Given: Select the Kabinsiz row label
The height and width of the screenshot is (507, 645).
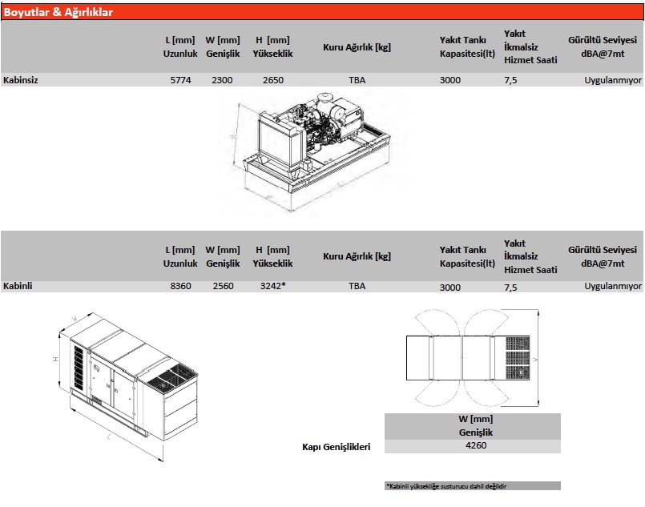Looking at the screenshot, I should (x=21, y=80).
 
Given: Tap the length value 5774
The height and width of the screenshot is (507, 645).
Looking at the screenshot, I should (x=180, y=80).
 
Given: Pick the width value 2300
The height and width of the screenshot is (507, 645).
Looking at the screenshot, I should (x=222, y=80).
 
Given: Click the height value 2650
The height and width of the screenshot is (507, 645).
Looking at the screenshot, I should (x=273, y=80).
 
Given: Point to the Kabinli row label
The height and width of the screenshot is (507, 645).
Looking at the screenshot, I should (x=18, y=286).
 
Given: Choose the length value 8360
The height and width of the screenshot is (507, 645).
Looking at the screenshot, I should (x=180, y=286).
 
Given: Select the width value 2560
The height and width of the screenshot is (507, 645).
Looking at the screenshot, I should (x=222, y=286).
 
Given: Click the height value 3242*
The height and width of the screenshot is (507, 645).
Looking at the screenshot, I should (x=273, y=286).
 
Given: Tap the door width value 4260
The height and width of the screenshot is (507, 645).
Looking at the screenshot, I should (x=476, y=446).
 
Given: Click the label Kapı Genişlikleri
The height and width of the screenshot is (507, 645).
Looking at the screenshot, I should (x=336, y=448).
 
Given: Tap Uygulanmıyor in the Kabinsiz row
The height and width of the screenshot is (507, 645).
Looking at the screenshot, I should (x=614, y=80).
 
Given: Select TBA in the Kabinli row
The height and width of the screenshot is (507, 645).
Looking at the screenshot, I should (x=357, y=286).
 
